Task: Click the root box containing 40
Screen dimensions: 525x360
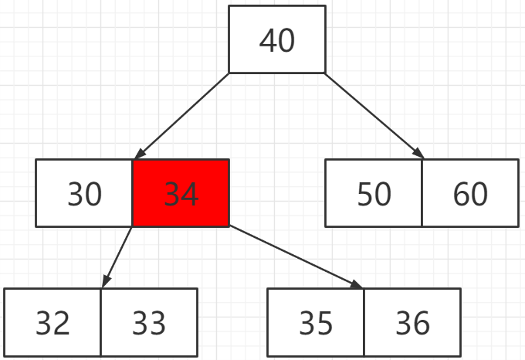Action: pyautogui.click(x=277, y=39)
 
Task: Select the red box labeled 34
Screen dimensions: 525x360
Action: pyautogui.click(x=181, y=193)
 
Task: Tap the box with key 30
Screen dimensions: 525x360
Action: pyautogui.click(x=84, y=193)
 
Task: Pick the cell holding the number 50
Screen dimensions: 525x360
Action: pyautogui.click(x=374, y=193)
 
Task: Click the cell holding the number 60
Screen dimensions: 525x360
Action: pyautogui.click(x=470, y=193)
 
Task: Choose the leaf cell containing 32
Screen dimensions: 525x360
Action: pyautogui.click(x=52, y=322)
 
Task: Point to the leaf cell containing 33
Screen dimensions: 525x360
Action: pyautogui.click(x=149, y=322)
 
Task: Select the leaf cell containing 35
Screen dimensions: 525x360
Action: pyautogui.click(x=316, y=322)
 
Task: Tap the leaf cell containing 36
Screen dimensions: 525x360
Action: pyautogui.click(x=412, y=322)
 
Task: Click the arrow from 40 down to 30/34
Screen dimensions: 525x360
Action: pyautogui.click(x=181, y=116)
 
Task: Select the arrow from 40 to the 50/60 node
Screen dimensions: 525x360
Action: pyautogui.click(x=374, y=116)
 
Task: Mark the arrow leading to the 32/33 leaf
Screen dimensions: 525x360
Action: pyautogui.click(x=117, y=257)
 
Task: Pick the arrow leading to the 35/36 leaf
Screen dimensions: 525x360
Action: pyautogui.click(x=296, y=257)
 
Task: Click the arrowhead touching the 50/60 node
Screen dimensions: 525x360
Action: pyautogui.click(x=419, y=154)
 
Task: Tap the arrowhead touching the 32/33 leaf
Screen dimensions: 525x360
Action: pyautogui.click(x=106, y=281)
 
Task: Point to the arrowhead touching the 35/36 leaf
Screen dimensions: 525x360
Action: pyautogui.click(x=356, y=284)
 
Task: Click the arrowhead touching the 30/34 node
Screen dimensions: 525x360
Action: pyautogui.click(x=140, y=154)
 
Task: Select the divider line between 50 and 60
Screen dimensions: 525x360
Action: pyautogui.click(x=422, y=193)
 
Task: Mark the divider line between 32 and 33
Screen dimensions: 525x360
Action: pyautogui.click(x=100, y=322)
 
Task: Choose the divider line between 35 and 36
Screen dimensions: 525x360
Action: pyautogui.click(x=364, y=322)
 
